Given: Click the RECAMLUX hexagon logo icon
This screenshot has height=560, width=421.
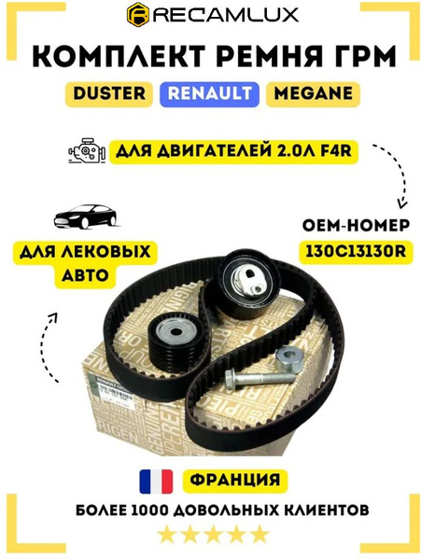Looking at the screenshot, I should pyautogui.click(x=139, y=16).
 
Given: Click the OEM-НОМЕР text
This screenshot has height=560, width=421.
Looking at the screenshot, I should pyautogui.click(x=352, y=225).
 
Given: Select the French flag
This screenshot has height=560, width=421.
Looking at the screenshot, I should pyautogui.click(x=156, y=481).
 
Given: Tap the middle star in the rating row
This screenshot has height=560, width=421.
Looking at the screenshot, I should pyautogui.click(x=211, y=535).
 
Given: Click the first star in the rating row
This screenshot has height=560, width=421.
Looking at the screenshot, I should pyautogui.click(x=165, y=535).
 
